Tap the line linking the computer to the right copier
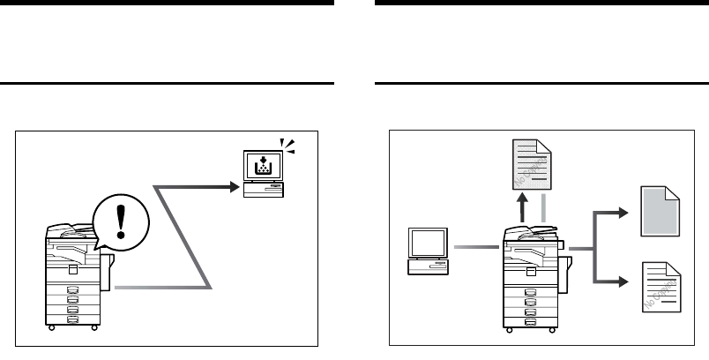pos(477,250)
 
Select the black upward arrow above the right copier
pos(524,209)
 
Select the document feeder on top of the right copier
pos(531,234)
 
